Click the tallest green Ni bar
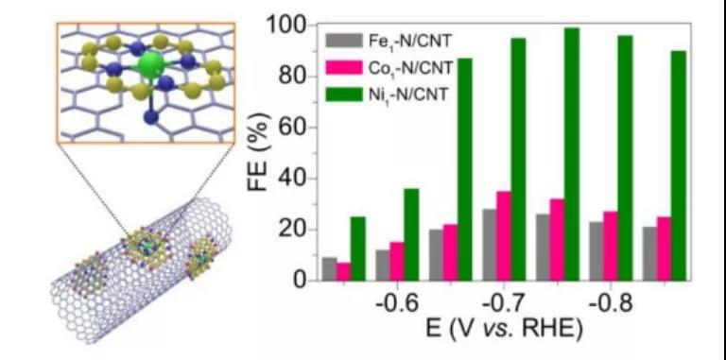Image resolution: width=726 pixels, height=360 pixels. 571,154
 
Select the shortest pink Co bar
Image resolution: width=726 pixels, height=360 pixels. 343,271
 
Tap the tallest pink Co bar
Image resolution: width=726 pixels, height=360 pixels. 503,236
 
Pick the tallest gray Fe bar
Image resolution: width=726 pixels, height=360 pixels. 490,245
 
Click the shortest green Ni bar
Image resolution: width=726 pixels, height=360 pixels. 358,249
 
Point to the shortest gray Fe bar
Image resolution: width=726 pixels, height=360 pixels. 329,269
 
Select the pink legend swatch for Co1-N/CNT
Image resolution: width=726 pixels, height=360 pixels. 344,68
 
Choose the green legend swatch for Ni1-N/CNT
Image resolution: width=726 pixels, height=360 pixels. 344,94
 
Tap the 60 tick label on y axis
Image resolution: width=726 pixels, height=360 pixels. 297,128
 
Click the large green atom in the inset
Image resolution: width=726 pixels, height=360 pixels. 151,66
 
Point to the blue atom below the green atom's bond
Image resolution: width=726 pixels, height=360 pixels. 150,116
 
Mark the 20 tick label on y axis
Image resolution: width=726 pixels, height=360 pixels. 297,230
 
